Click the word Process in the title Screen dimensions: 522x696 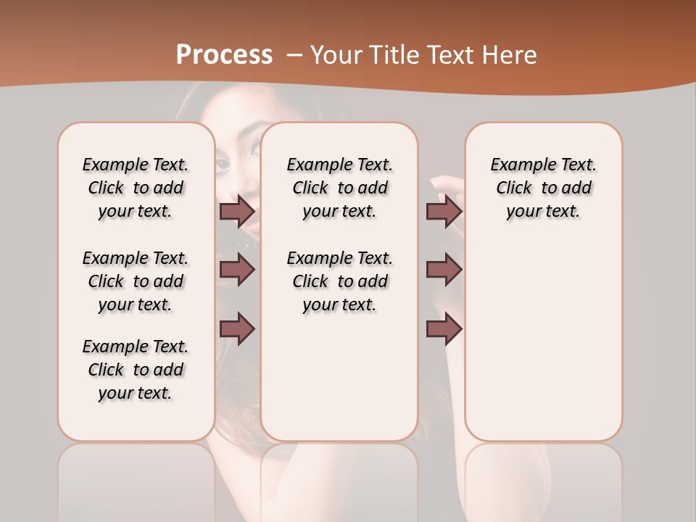(x=224, y=55)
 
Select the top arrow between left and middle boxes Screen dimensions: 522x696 (x=237, y=211)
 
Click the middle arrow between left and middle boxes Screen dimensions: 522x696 (x=237, y=270)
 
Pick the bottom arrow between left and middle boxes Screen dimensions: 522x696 (x=237, y=328)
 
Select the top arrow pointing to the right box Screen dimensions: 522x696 (x=444, y=211)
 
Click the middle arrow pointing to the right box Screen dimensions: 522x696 (x=444, y=270)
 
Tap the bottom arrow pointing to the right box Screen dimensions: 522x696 (x=444, y=328)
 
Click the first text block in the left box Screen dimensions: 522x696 (x=136, y=188)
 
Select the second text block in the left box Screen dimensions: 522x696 (x=136, y=281)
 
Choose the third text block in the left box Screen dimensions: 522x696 (x=136, y=370)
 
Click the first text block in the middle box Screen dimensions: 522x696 (x=339, y=188)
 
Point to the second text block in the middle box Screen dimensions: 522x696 (x=339, y=281)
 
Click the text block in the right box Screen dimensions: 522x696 (x=543, y=188)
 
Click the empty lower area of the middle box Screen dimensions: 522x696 (x=339, y=377)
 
